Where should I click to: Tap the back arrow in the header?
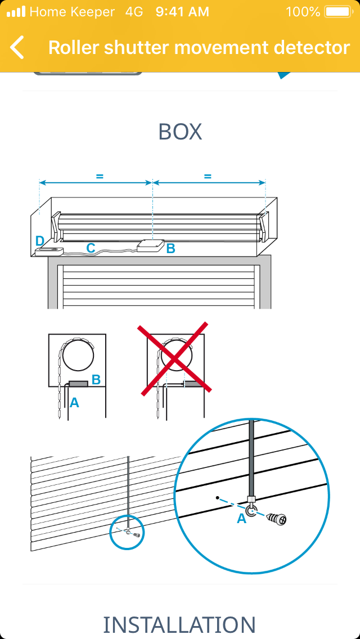[17, 47]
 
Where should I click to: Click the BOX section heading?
[180, 132]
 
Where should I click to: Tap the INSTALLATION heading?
[179, 625]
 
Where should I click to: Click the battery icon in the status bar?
[338, 12]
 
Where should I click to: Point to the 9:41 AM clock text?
[182, 12]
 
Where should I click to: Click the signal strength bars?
[16, 12]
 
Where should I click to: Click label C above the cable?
[91, 247]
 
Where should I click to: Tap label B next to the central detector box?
[171, 248]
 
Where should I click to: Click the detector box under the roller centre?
[151, 246]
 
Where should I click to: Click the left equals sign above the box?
[99, 177]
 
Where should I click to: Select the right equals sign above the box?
[208, 177]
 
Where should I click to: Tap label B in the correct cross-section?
[96, 380]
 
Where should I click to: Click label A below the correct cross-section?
[74, 403]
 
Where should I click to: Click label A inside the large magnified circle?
[242, 519]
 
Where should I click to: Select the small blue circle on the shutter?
[127, 532]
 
